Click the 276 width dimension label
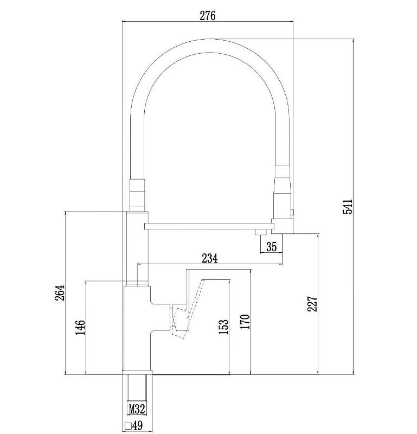(208, 16)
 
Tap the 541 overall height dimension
(348, 206)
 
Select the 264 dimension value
(60, 292)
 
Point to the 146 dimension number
(80, 327)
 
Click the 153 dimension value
(224, 327)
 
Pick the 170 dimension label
(245, 322)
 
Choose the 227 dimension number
(312, 304)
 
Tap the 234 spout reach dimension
(210, 258)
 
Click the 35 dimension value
(271, 246)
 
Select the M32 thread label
(137, 409)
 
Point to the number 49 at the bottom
(138, 425)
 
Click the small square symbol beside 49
(128, 426)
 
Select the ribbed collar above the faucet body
(137, 195)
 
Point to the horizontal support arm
(208, 226)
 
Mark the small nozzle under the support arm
(260, 232)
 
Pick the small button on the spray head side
(292, 212)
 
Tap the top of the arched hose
(210, 46)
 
